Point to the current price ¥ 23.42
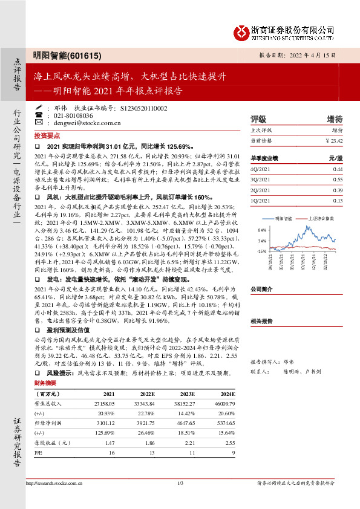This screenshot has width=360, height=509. tap(333, 140)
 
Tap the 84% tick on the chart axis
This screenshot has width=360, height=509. tap(261, 230)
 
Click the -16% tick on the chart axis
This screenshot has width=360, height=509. tap(261, 250)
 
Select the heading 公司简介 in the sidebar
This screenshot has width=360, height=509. tap(262, 289)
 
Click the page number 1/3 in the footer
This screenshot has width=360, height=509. tap(180, 482)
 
